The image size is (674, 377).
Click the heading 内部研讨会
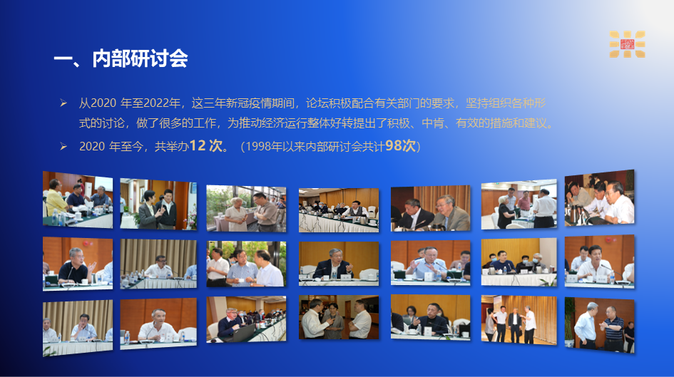[x=140, y=58]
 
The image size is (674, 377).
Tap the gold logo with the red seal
[x=627, y=43]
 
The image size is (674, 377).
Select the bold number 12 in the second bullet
[x=198, y=145]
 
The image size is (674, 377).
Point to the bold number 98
[x=393, y=145]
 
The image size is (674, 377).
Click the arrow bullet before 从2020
[x=63, y=103]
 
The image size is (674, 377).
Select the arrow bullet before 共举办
[x=63, y=146]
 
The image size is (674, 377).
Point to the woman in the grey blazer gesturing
[x=148, y=210]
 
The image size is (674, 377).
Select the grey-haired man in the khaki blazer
[x=451, y=213]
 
